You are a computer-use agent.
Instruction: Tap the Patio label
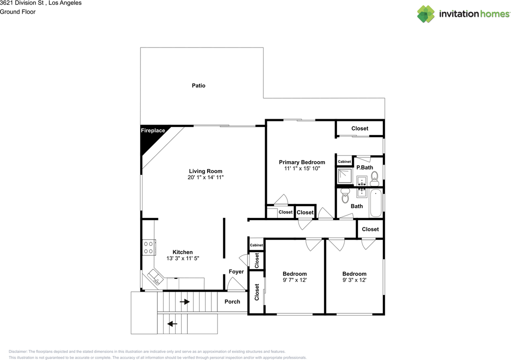coord(198,85)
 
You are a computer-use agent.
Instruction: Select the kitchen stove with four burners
coord(149,247)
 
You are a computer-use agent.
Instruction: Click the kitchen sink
coord(154,277)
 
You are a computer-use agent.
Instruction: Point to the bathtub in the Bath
coord(376,204)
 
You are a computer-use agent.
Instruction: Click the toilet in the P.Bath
coord(374,177)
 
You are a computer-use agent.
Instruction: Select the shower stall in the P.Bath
coord(344,176)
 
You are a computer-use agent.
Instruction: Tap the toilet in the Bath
coord(345,197)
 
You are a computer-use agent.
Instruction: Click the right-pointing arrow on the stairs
coord(184,302)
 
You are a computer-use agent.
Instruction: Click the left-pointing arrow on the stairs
coord(172,324)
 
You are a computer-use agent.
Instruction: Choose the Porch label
coord(232,301)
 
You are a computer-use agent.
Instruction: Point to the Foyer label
coord(236,271)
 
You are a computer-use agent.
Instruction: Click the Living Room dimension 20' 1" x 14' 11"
coord(206,177)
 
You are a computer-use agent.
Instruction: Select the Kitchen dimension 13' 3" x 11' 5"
coord(182,258)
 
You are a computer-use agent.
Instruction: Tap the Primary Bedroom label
coord(302,162)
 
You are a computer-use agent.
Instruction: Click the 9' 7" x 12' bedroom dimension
coord(295,280)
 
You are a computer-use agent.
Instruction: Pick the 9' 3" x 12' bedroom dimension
coord(354,280)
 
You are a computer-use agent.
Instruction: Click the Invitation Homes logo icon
coord(426,14)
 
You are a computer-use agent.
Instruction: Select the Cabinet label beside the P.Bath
coord(344,162)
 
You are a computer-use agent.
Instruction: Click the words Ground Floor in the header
coord(18,12)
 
